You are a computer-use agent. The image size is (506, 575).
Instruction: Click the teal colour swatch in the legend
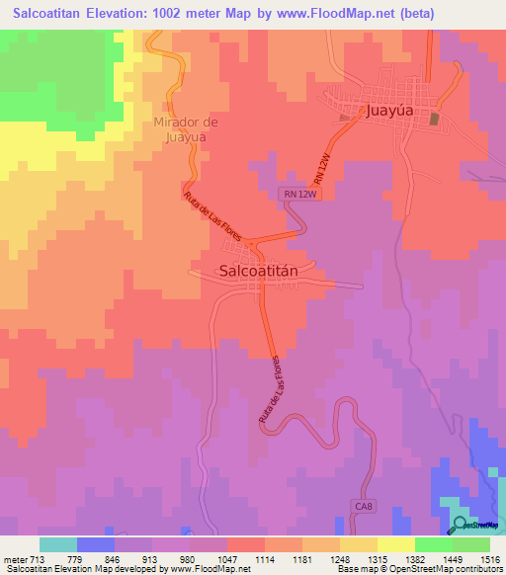point(58,543)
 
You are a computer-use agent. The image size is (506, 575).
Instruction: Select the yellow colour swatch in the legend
point(394,543)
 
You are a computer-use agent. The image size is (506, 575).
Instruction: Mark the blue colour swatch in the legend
point(96,543)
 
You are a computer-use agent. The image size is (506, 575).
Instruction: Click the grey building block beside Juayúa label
point(435,119)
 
